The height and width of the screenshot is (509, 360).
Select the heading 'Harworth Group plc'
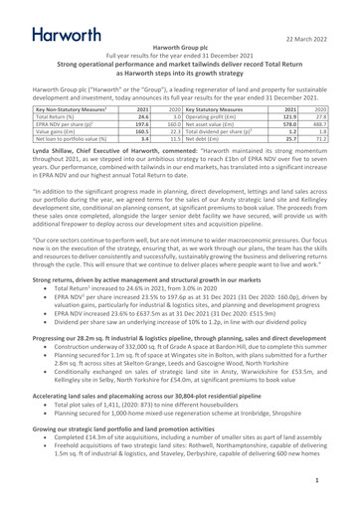pos(180,47)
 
